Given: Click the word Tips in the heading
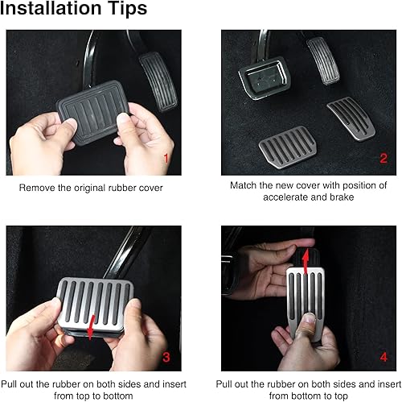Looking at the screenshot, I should tap(126, 10).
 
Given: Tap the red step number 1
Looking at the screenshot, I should tap(166, 159).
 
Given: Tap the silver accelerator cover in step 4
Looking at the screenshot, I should tap(310, 298).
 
